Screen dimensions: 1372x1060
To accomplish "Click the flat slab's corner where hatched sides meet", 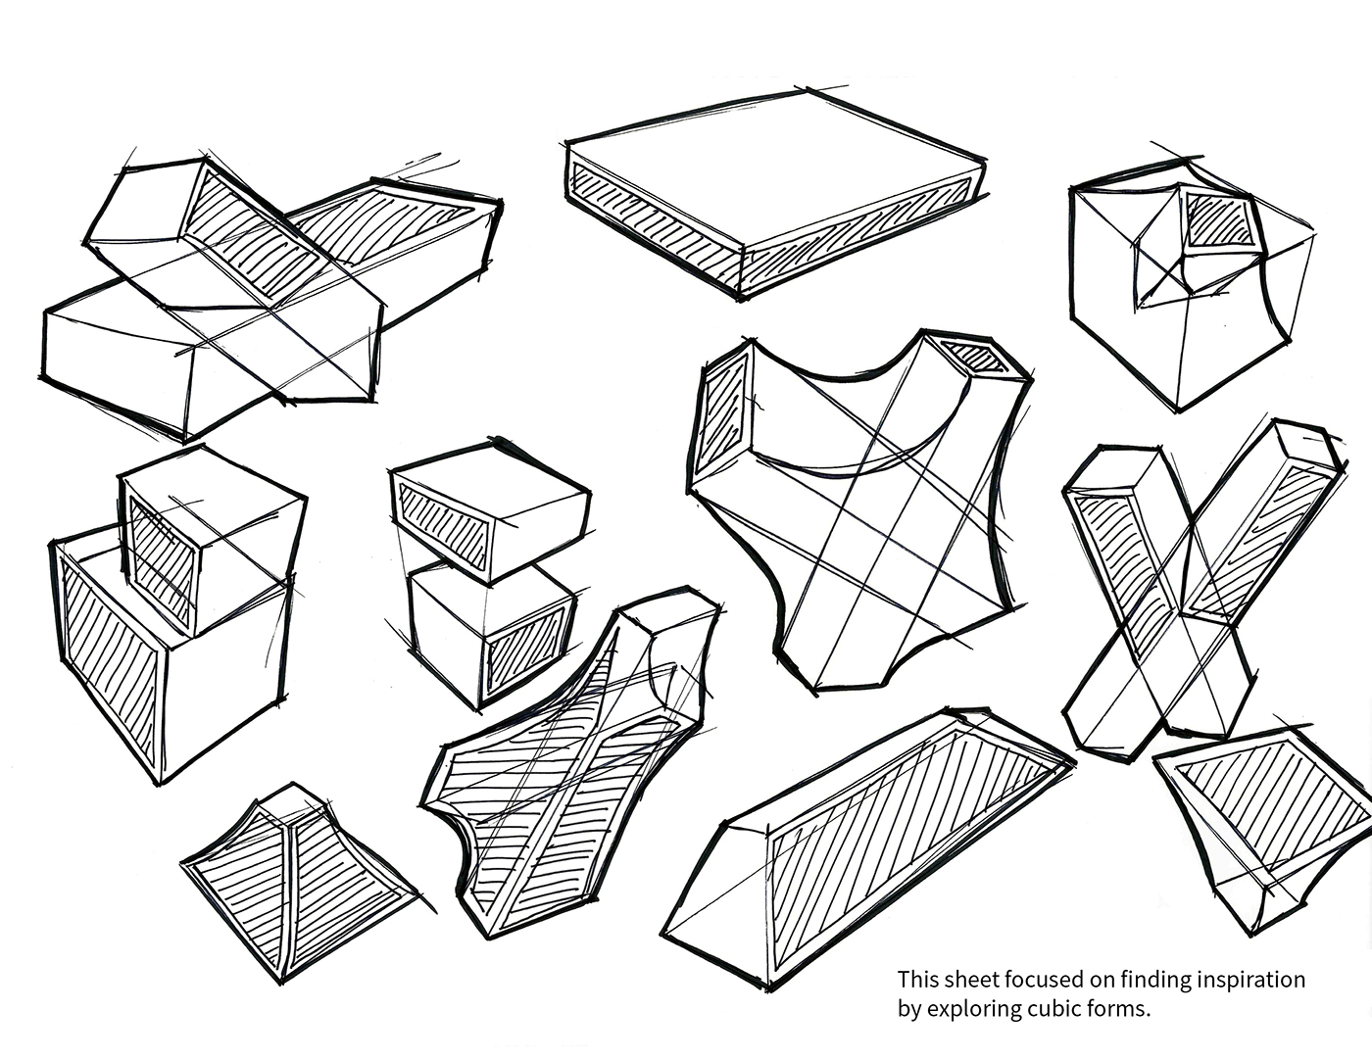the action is (741, 297).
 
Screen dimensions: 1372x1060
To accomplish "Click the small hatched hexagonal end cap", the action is (975, 358).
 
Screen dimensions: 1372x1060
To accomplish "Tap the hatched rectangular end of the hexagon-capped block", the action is (721, 414).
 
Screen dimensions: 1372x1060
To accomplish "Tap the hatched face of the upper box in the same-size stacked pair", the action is (444, 526).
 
